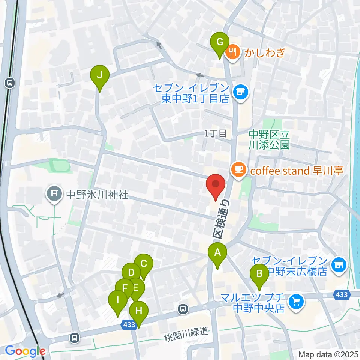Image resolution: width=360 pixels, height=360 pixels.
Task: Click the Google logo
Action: click(25, 351)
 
